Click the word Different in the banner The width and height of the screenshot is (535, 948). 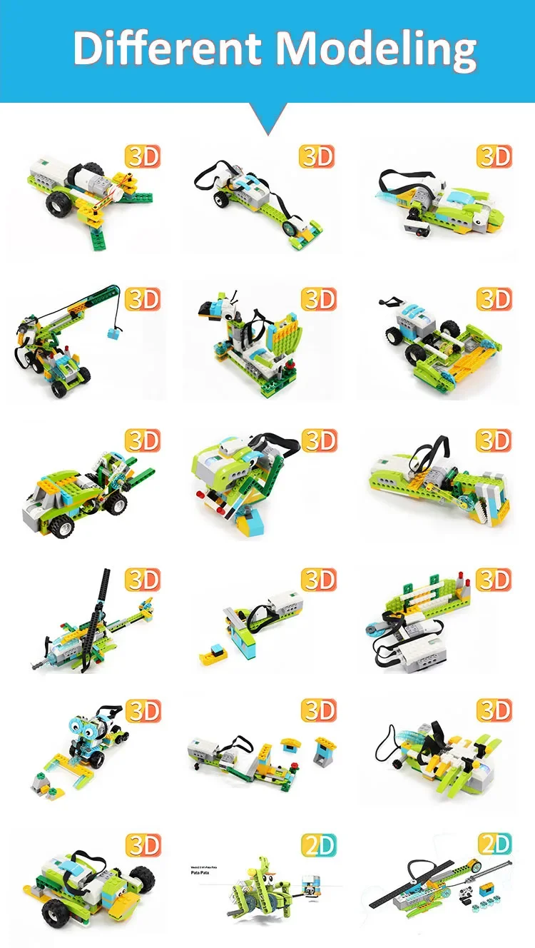coord(168,49)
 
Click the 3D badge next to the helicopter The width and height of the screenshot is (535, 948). coord(143,580)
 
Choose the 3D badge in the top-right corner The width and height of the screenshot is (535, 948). coord(494,156)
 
